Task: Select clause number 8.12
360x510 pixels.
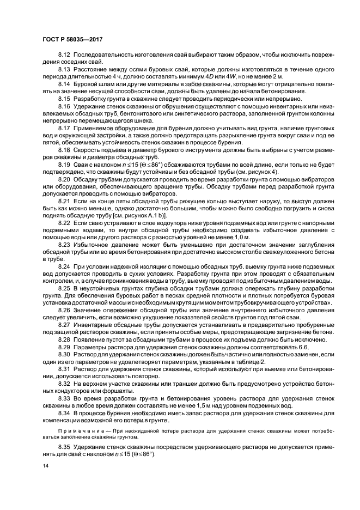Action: coord(64,57)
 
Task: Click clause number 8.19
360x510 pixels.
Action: coord(64,163)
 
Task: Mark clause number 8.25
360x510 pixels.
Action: coord(64,287)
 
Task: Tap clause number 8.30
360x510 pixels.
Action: coord(64,354)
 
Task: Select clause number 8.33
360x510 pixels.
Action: coord(64,398)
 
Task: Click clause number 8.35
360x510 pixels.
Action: coord(64,447)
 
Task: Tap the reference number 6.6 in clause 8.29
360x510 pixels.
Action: coord(301,347)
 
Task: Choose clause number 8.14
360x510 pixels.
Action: coord(64,84)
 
